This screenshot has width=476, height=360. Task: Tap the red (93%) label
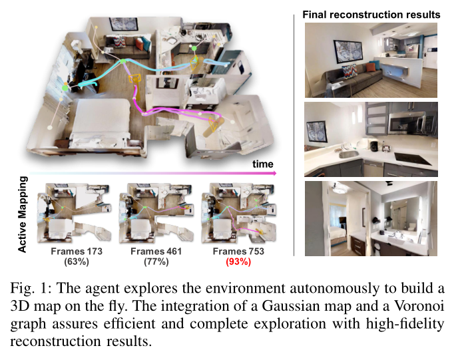(x=238, y=262)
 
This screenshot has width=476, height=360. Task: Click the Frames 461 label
(x=156, y=252)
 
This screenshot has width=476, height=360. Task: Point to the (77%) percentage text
(x=156, y=262)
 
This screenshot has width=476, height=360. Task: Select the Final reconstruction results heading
(x=371, y=14)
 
